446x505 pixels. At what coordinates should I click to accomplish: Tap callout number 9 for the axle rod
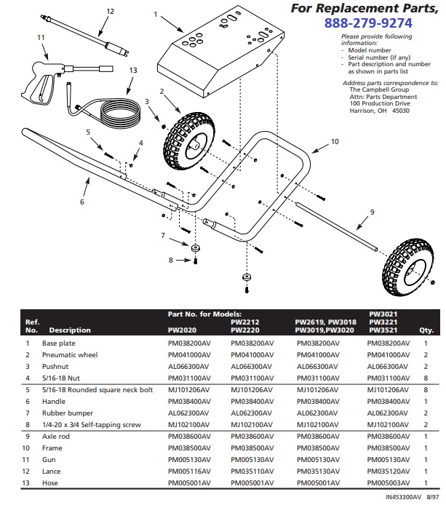pos(372,212)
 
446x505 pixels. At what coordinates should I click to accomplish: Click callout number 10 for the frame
pos(335,143)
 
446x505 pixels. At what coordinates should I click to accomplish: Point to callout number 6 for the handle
pos(82,202)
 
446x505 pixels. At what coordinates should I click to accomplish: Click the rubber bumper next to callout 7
pos(196,249)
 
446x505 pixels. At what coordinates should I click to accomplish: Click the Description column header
pos(70,330)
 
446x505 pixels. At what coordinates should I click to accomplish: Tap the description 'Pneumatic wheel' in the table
pos(70,354)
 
